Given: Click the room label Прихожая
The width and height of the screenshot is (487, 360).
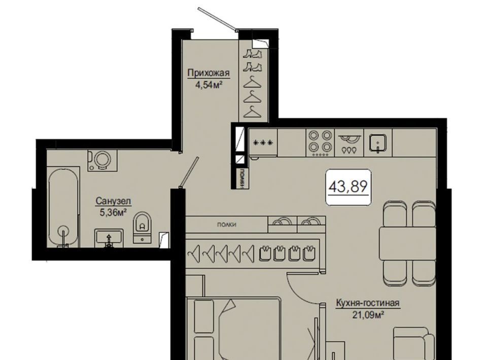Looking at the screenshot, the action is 208,73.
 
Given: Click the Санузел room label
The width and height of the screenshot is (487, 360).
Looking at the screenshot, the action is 113,201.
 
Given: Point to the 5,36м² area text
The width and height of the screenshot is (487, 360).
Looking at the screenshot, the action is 113,212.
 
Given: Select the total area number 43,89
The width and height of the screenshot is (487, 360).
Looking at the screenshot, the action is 348,187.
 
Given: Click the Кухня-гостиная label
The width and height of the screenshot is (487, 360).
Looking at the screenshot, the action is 368,303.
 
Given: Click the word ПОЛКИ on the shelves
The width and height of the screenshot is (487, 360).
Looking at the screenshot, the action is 227,225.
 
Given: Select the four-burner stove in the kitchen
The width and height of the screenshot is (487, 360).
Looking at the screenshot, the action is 320,143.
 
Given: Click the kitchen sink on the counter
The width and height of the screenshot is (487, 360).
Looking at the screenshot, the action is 377,143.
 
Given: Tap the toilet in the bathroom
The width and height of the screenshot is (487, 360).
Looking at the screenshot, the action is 142,228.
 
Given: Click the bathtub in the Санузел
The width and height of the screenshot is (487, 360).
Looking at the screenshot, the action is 63,207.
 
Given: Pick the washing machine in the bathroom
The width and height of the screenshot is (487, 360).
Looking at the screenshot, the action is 102,160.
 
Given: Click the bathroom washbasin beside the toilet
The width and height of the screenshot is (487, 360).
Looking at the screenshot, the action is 109,238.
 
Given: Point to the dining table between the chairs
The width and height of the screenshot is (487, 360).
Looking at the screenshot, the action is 407,243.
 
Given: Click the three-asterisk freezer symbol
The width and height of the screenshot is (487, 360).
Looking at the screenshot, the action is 263,143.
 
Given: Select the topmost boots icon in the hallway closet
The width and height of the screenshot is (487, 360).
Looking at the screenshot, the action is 252,54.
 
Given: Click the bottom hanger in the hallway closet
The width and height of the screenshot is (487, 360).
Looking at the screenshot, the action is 252,112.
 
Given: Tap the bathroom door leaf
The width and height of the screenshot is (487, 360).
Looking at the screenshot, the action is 189,172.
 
